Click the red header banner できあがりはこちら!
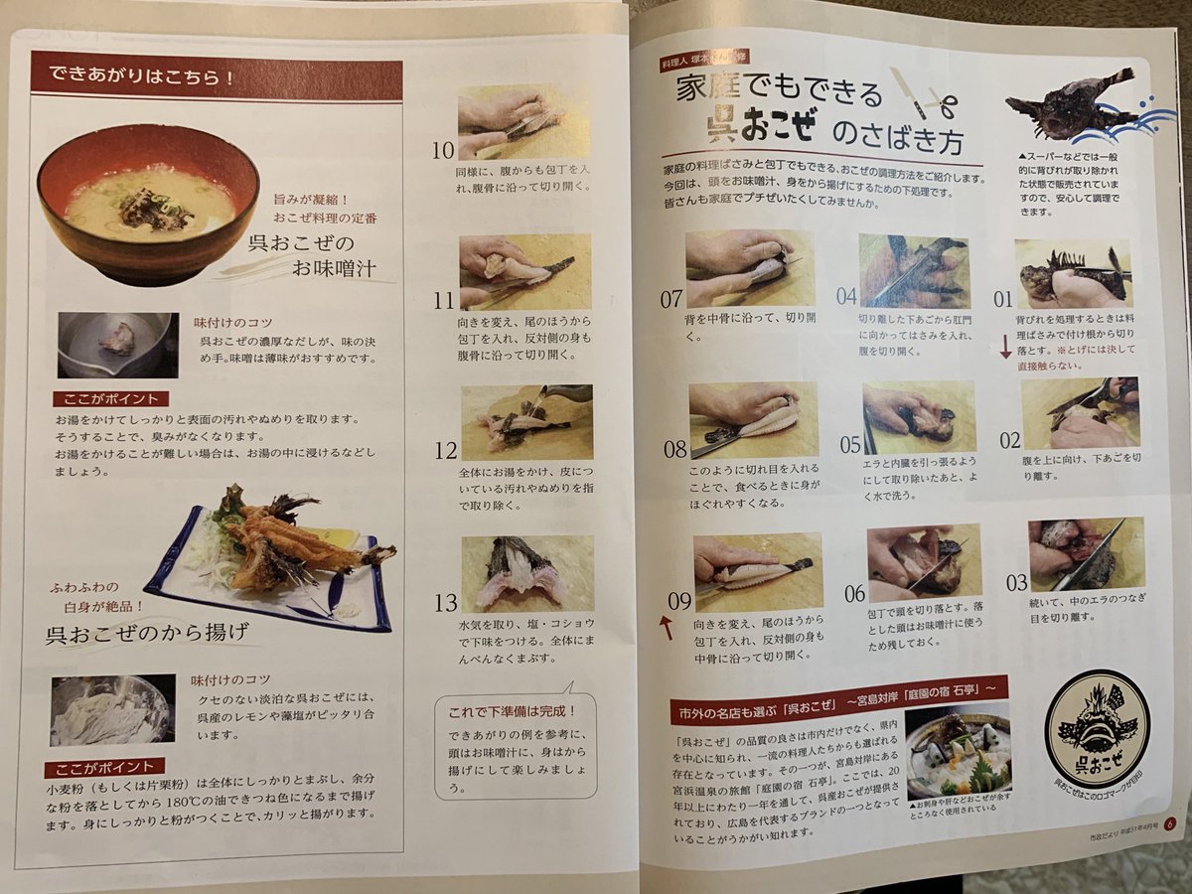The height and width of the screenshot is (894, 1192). [x=216, y=75]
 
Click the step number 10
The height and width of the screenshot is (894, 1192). [x=442, y=151]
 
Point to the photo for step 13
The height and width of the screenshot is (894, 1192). [x=526, y=572]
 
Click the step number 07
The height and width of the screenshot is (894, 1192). [x=671, y=296]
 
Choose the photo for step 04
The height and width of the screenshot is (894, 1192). [x=912, y=270]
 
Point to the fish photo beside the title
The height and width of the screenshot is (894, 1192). [x=1073, y=105]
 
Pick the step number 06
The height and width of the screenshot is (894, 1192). [x=854, y=594]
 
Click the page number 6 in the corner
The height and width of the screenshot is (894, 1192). [x=1170, y=822]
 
